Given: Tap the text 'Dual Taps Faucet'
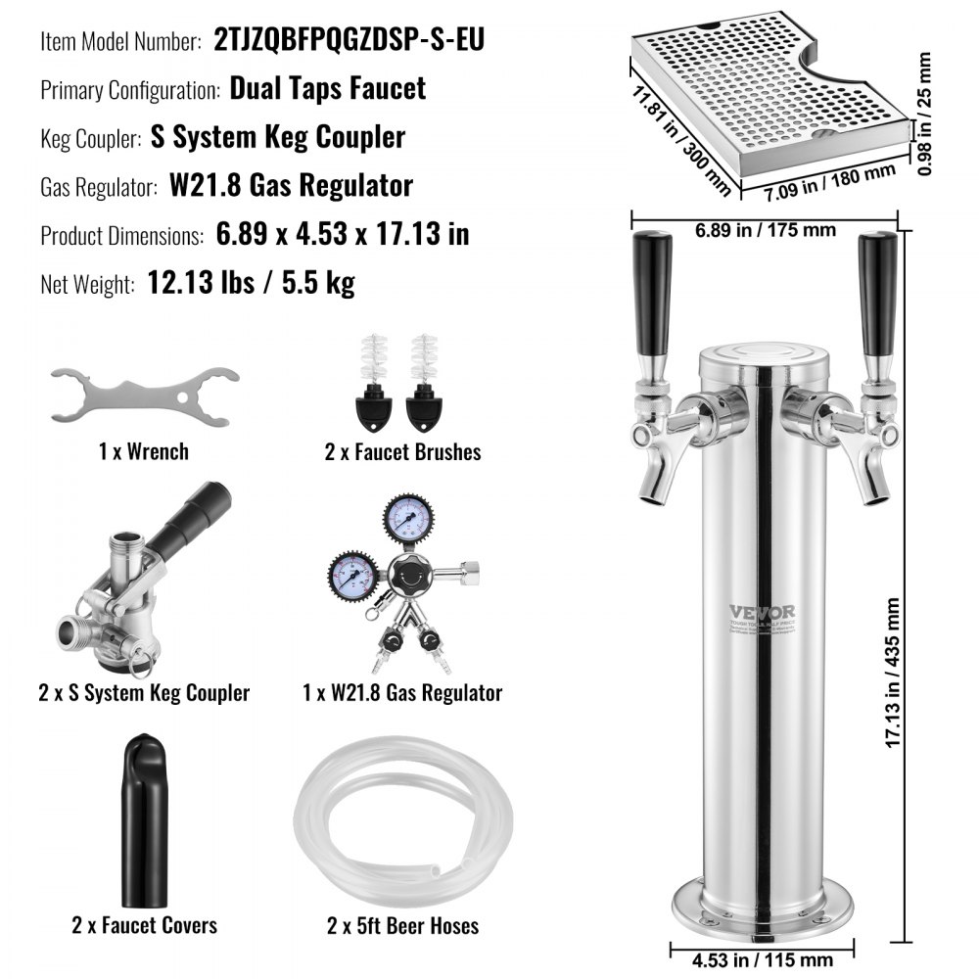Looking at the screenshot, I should (328, 88).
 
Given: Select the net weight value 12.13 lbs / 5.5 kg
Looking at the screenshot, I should (251, 284).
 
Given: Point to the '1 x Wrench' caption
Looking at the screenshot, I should (144, 451).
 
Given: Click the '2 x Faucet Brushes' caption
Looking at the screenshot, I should (403, 451).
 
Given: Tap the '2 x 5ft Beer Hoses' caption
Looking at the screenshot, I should (403, 924).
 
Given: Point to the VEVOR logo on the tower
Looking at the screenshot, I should (762, 613).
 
